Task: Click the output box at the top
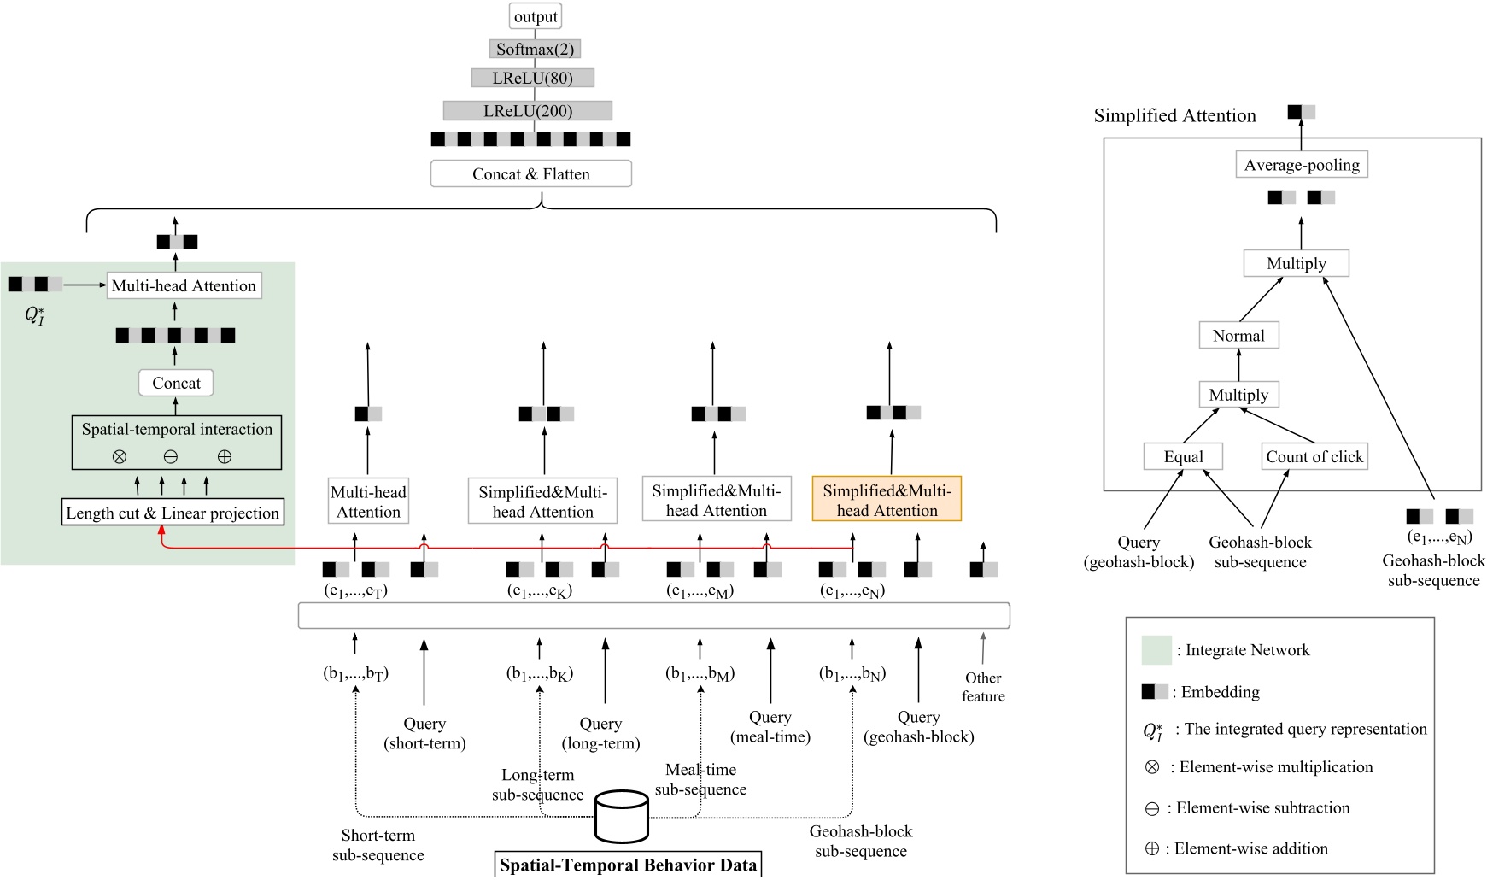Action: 536,16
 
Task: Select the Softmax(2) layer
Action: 535,49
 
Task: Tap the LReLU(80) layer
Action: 532,78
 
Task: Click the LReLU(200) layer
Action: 527,110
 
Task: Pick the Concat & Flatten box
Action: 530,173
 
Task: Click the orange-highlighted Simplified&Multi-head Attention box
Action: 887,500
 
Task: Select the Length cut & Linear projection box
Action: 173,513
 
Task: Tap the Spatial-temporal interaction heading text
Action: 177,429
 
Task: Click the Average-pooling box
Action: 1302,165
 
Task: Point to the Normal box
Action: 1238,336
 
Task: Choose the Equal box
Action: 1183,456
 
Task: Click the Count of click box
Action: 1314,456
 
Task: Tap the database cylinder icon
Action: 621,816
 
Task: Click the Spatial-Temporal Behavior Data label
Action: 628,865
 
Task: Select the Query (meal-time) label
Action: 770,726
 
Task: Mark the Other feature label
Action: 983,687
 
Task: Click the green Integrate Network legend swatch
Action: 1156,650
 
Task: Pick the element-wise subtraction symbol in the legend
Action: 1151,808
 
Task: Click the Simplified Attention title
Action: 1174,115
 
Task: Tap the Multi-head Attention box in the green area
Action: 184,285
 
